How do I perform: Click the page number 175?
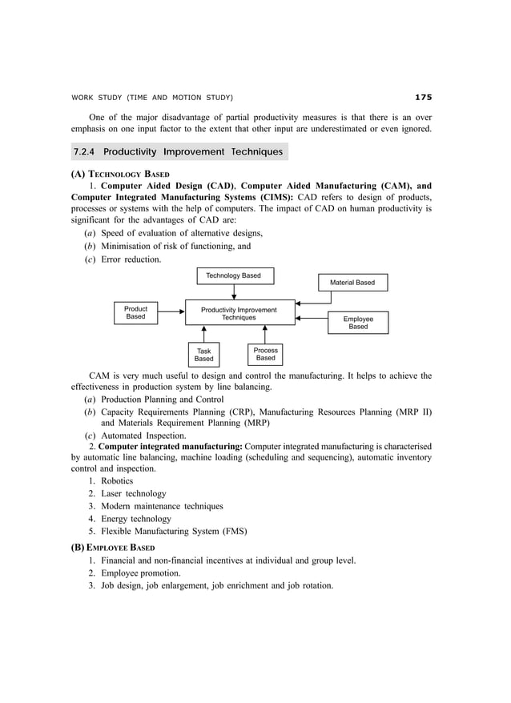pos(423,98)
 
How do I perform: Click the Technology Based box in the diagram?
pos(234,275)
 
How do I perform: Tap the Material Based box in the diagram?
pos(352,283)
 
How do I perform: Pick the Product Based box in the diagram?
pos(135,312)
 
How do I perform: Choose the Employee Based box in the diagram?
pos(358,322)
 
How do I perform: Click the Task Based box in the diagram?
pos(204,355)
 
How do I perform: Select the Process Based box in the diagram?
pos(265,354)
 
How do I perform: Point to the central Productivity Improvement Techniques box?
pos(239,313)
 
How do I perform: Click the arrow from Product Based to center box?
pos(171,313)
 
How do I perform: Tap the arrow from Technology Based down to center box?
pos(234,291)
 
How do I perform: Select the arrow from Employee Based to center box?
pos(312,319)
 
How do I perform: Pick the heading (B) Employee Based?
pos(113,547)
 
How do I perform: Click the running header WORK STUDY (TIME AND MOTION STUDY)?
pos(152,98)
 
